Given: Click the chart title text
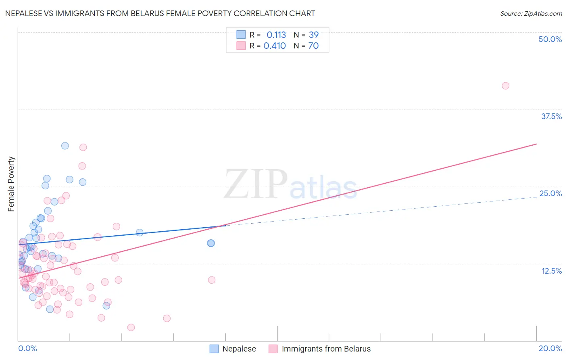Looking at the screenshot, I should click(x=160, y=13).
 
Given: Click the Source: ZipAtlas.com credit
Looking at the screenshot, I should click(x=531, y=14).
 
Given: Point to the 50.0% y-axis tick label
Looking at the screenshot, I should click(x=550, y=39).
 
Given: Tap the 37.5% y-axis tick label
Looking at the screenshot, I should click(x=551, y=116).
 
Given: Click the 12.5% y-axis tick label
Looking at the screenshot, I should click(x=551, y=271).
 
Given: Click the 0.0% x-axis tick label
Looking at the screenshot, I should click(x=27, y=348).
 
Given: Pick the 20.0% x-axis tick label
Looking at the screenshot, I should click(x=550, y=348).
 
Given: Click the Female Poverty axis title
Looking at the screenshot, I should click(x=11, y=184).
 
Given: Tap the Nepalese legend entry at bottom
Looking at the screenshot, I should click(x=239, y=349).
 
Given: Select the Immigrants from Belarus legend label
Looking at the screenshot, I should click(x=326, y=349).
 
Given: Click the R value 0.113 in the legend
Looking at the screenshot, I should click(x=276, y=35).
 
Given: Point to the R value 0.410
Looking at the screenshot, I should click(x=275, y=46).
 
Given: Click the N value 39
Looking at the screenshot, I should click(x=313, y=35).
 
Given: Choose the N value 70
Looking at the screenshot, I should click(x=313, y=46).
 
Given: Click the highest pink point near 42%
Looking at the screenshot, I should click(x=505, y=86).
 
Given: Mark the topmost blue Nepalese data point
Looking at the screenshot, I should click(x=65, y=146).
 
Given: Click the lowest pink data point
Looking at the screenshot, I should click(x=131, y=327).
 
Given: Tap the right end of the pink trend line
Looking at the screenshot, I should click(x=536, y=144).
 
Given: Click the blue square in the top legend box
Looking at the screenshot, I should click(x=241, y=35).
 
